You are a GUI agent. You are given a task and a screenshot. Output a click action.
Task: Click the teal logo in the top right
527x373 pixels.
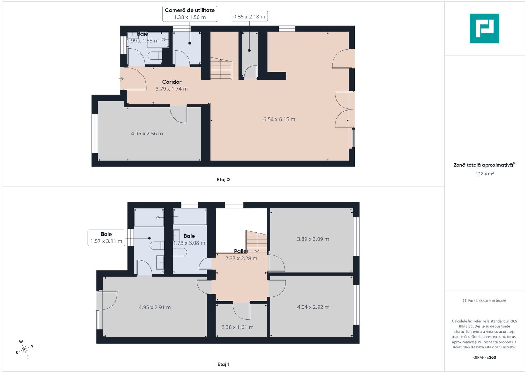pyautogui.click(x=484, y=28)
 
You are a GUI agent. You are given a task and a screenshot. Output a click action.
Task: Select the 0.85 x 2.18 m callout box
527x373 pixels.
pyautogui.click(x=249, y=17)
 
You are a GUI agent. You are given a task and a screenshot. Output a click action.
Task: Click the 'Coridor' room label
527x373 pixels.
pyautogui.click(x=172, y=82)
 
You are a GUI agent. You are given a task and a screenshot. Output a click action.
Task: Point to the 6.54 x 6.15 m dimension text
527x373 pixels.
pyautogui.click(x=279, y=119)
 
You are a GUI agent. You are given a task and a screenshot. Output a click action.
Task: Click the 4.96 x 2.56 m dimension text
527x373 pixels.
pyautogui.click(x=147, y=134)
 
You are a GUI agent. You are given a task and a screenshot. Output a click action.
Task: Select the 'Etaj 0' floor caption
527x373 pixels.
pyautogui.click(x=223, y=180)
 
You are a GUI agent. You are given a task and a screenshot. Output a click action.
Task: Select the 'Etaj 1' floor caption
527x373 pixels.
pyautogui.click(x=223, y=364)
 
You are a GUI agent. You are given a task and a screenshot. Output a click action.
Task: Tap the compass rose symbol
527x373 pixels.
pyautogui.click(x=24, y=350)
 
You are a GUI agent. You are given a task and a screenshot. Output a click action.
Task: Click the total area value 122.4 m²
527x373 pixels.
pyautogui.click(x=484, y=174)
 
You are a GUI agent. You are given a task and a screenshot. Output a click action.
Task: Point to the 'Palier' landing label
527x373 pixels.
pyautogui.click(x=241, y=251)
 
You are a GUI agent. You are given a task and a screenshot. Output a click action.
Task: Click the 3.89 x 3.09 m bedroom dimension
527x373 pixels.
pyautogui.click(x=313, y=239)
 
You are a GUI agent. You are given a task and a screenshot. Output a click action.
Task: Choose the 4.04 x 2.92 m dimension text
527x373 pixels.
pyautogui.click(x=313, y=307)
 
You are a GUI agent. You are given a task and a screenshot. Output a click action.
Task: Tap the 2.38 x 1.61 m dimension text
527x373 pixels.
pyautogui.click(x=237, y=327)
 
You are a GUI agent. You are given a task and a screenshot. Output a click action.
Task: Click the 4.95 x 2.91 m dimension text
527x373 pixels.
pyautogui.click(x=155, y=307)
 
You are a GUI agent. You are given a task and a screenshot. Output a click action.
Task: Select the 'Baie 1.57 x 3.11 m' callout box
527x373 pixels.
pyautogui.click(x=106, y=238)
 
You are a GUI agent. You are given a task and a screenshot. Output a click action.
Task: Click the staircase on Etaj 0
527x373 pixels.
pyautogui.click(x=221, y=69)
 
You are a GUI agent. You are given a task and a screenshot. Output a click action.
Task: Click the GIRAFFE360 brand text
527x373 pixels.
pyautogui.click(x=484, y=357)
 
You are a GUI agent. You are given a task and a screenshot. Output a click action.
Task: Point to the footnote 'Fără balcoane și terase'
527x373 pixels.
pyautogui.click(x=484, y=300)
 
